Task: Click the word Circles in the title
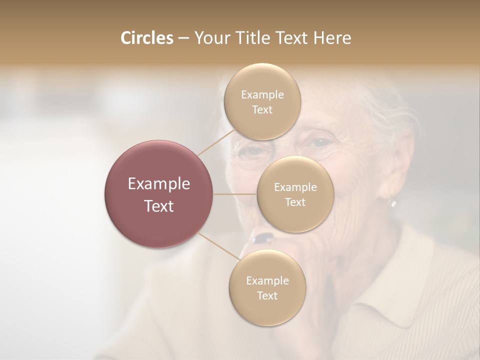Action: click(146, 38)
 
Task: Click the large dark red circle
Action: click(159, 194)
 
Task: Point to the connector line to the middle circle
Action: click(235, 194)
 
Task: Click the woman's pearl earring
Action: click(393, 203)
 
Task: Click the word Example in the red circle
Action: click(159, 184)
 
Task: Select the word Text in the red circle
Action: click(159, 206)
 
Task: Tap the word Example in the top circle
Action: click(262, 95)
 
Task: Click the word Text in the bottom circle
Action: click(267, 295)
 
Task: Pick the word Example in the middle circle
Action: click(295, 187)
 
